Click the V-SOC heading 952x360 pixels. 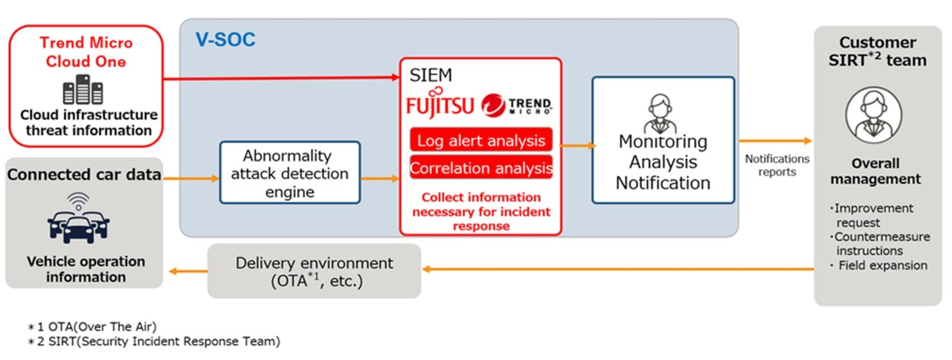coord(225,39)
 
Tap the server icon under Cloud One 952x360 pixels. coord(83,89)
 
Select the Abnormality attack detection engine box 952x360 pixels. coord(290,173)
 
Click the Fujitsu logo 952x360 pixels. coord(440,103)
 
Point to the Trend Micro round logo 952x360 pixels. coord(493,106)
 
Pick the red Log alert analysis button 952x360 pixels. coord(481,140)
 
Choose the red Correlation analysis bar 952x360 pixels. coord(481,167)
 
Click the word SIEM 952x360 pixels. coord(431,75)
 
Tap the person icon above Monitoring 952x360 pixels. coord(660,113)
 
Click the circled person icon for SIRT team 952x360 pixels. coord(873,115)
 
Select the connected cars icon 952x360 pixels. coord(79,218)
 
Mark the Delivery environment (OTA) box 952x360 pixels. coord(314,271)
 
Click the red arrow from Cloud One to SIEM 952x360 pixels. coord(281,78)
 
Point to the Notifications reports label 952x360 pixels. coord(777,165)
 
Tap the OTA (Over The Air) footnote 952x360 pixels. coord(92,327)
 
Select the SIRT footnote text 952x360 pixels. coord(154,341)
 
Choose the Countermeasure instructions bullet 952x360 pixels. coord(880,243)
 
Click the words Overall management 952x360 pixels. coord(875,171)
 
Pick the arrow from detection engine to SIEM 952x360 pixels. coord(380,179)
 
